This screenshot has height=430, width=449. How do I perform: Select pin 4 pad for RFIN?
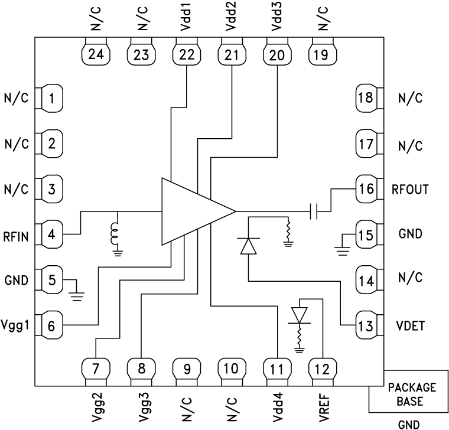[51, 234]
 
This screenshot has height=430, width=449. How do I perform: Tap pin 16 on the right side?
[366, 189]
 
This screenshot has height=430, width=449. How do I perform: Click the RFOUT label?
[410, 190]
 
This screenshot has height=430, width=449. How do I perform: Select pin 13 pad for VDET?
[366, 325]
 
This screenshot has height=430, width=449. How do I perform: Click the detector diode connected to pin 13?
[248, 245]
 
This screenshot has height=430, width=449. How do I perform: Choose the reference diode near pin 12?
[300, 316]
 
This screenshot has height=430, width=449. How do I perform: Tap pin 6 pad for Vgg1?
[51, 325]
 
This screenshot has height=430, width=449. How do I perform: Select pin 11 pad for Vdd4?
[276, 369]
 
